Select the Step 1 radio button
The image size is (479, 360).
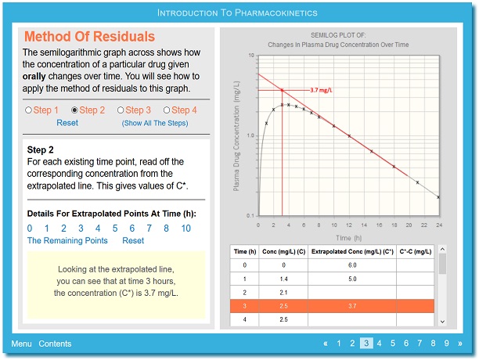tap(28, 110)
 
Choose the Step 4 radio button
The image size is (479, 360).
tap(167, 110)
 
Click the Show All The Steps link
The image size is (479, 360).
tap(155, 123)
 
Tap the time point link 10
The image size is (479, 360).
tap(185, 228)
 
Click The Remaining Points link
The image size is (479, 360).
tap(67, 240)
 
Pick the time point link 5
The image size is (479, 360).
tap(115, 228)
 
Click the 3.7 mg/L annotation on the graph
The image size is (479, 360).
tap(321, 90)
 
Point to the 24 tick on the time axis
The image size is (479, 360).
tap(439, 225)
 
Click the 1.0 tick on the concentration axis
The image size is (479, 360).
tap(250, 135)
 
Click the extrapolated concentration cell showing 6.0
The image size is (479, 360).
tap(352, 265)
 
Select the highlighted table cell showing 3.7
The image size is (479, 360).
tap(352, 306)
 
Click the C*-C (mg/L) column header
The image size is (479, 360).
tap(416, 251)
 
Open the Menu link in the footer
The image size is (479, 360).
tap(21, 344)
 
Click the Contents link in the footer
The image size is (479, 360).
tap(55, 344)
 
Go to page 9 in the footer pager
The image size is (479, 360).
tap(446, 344)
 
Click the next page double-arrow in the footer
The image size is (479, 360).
tap(460, 344)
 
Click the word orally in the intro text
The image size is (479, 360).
tap(34, 77)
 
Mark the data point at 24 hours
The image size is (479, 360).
tap(438, 197)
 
